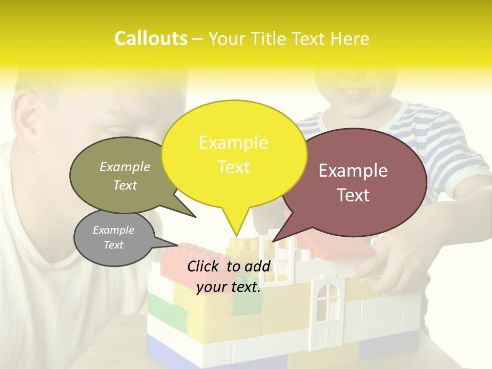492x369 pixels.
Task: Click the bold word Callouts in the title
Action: pyautogui.click(x=151, y=38)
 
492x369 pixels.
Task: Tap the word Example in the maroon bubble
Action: pyautogui.click(x=353, y=171)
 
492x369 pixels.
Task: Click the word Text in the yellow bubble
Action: pyautogui.click(x=234, y=167)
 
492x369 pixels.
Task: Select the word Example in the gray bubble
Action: pyautogui.click(x=113, y=230)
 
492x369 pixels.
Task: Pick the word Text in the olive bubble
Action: pyautogui.click(x=125, y=185)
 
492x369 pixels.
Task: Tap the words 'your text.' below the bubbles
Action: pyautogui.click(x=229, y=287)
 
